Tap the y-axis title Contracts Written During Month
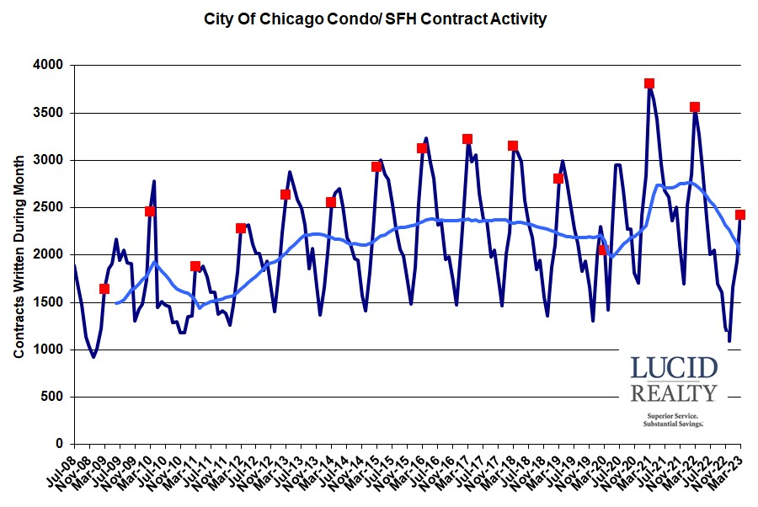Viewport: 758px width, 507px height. point(19,253)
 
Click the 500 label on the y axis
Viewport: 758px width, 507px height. point(54,397)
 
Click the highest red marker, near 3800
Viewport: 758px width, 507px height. point(649,83)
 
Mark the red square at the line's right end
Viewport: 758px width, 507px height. point(740,215)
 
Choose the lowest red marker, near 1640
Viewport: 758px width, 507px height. point(104,289)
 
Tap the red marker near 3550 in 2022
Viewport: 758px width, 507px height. point(695,107)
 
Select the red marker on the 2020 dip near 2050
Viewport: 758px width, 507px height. point(603,250)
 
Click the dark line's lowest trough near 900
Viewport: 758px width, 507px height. point(93,357)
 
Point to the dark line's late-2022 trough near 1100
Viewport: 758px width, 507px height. point(729,341)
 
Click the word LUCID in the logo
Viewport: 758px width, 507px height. point(674,368)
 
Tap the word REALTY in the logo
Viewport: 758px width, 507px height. point(674,392)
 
